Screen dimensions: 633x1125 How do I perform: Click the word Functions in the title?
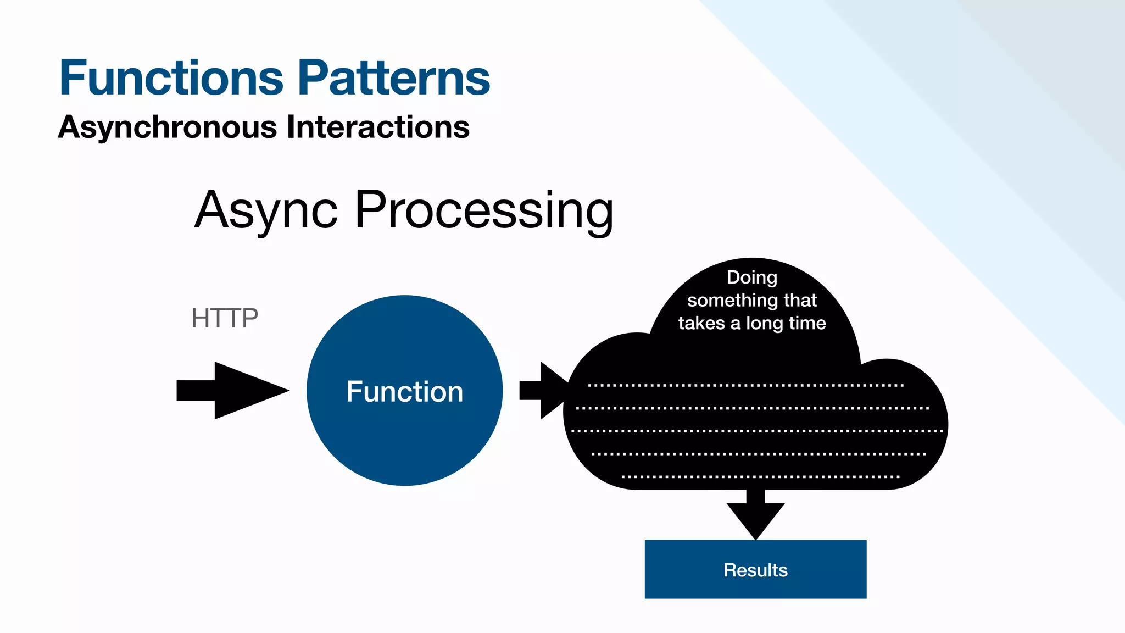[171, 78]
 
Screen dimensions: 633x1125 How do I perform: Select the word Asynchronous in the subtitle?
[168, 127]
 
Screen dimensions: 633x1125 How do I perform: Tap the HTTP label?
[224, 318]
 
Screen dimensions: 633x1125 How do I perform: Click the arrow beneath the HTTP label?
[231, 391]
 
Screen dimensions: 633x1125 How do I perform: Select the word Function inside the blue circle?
[404, 392]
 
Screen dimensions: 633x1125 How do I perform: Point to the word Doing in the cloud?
[752, 277]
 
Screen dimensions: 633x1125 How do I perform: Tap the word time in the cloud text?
[807, 323]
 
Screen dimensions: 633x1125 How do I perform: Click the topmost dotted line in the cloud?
[745, 385]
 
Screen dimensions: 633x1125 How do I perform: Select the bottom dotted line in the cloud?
[760, 477]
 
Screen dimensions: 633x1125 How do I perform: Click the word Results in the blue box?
[755, 570]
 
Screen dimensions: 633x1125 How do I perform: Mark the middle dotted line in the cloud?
[756, 431]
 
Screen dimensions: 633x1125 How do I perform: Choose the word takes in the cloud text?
[701, 323]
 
